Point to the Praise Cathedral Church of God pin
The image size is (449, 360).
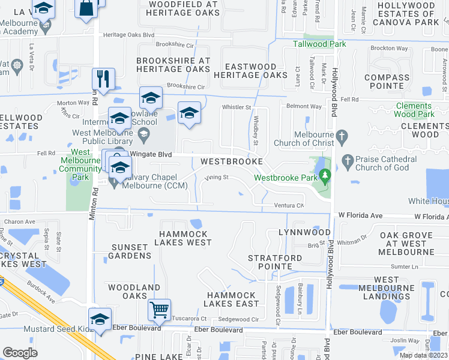click(x=347, y=160)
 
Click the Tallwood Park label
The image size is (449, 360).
click(x=319, y=44)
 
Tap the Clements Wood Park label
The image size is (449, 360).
click(x=414, y=110)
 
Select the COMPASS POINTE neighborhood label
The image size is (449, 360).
click(x=387, y=82)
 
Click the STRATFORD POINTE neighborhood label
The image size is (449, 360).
click(x=275, y=262)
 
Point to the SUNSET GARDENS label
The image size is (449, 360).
click(x=130, y=251)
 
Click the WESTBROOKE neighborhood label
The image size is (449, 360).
click(x=231, y=162)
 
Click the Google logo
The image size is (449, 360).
click(x=20, y=353)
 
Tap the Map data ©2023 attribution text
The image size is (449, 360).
click(x=424, y=355)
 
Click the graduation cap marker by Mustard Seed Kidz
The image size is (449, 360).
click(x=100, y=319)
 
